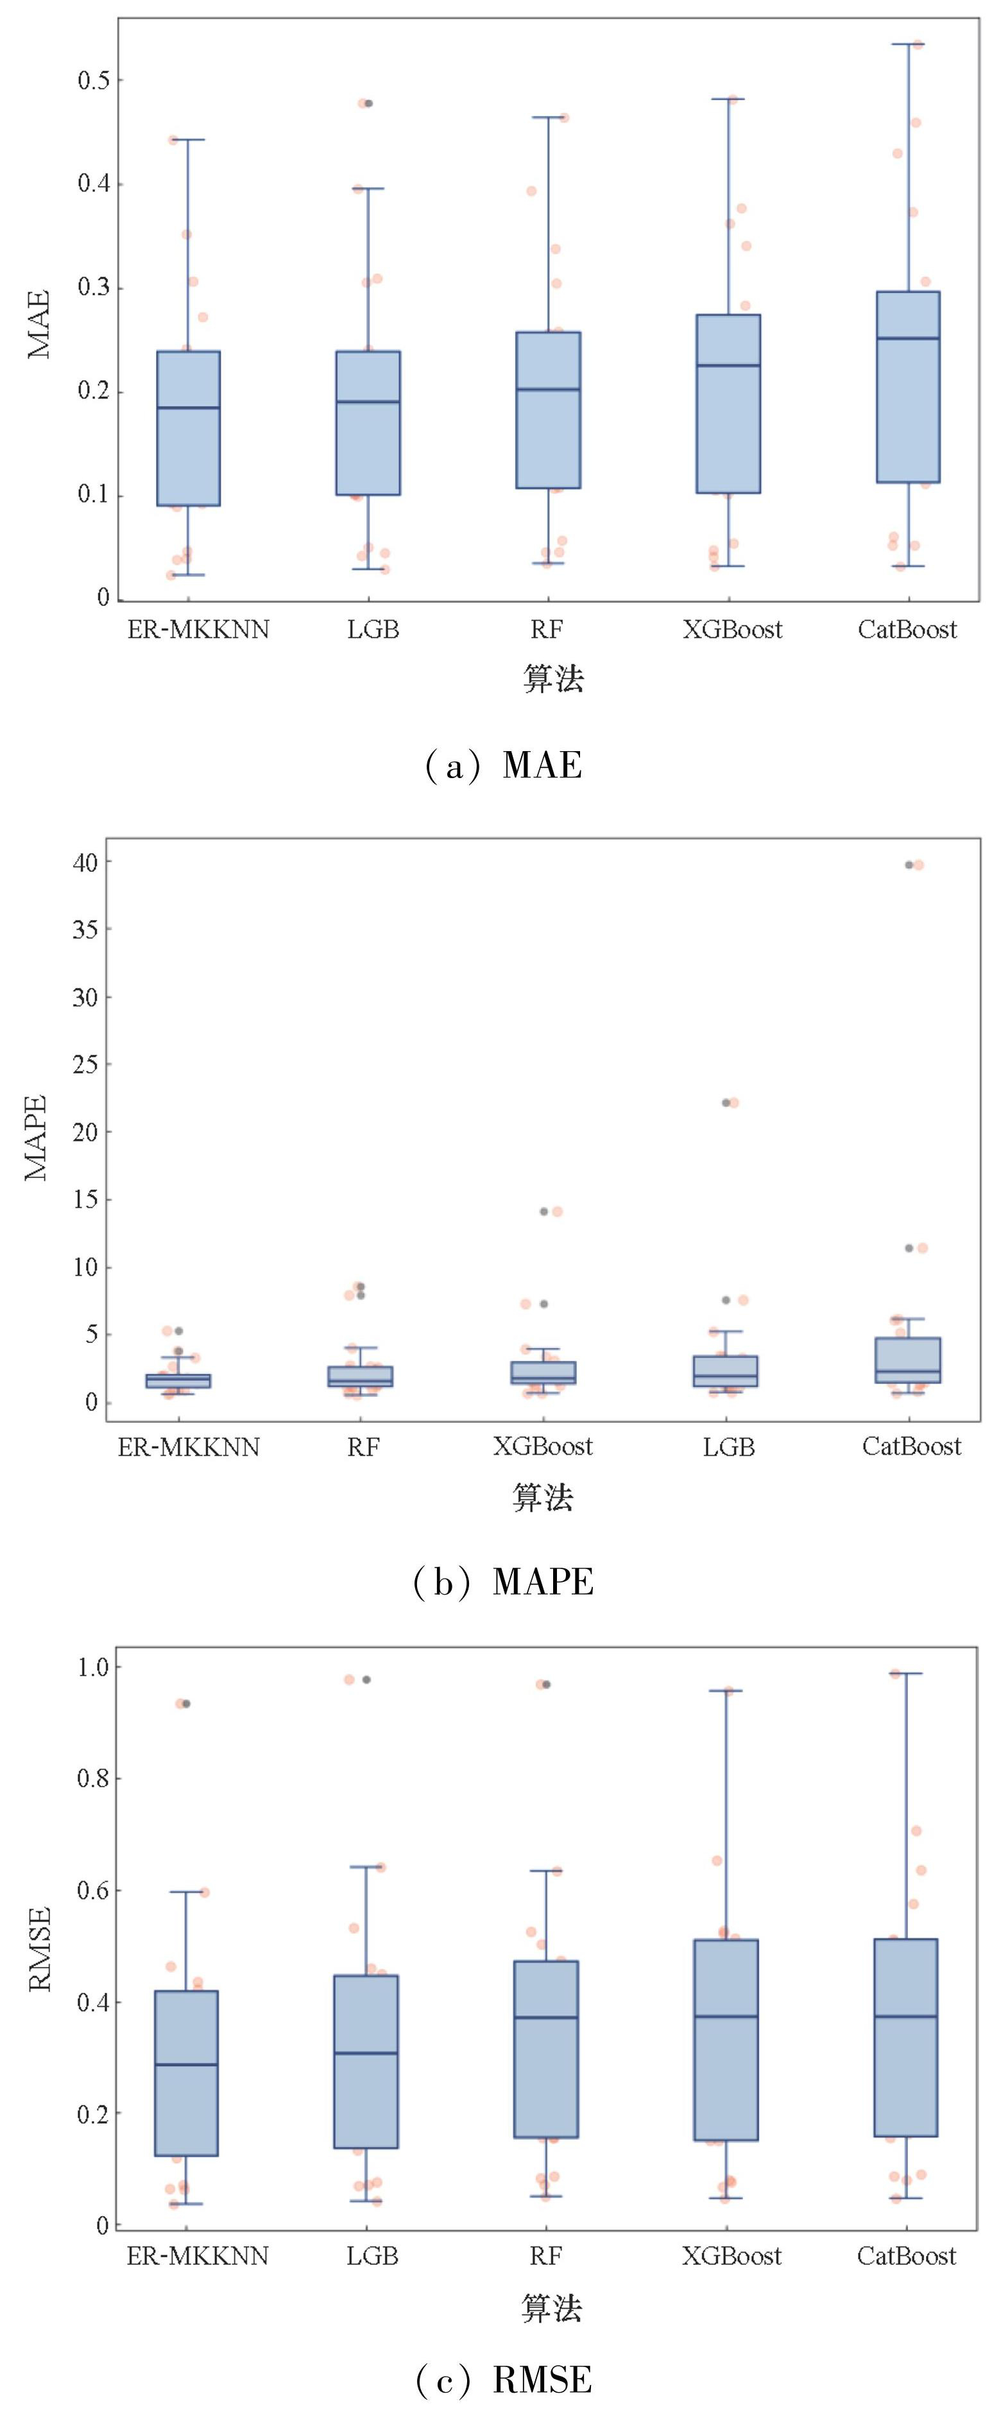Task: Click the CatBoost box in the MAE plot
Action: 907,387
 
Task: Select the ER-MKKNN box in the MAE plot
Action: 188,428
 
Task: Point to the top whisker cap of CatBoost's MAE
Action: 908,44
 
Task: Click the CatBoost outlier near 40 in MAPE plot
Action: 909,865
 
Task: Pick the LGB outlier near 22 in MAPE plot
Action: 726,1102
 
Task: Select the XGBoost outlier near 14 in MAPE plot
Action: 543,1211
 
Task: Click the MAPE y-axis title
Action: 36,1137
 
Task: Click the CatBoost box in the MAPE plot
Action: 908,1360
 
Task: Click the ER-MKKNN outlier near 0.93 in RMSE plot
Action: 186,1703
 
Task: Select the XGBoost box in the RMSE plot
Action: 726,2041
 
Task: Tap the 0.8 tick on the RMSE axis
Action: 93,1778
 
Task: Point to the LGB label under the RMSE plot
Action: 372,2255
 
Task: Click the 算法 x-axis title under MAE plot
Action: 553,678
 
